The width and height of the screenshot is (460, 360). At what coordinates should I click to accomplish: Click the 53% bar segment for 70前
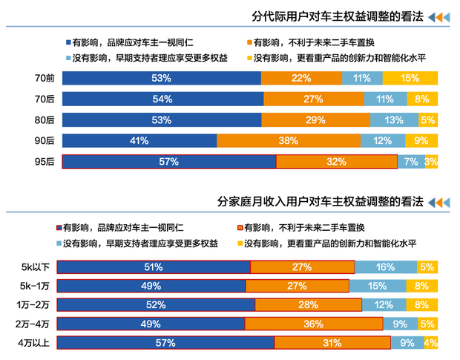pos(162,78)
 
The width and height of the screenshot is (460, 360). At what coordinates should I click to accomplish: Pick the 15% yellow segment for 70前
pos(410,78)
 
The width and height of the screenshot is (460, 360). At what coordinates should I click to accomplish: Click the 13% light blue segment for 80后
pos(394,120)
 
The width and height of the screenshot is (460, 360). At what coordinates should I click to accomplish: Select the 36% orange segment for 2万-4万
pos(313,323)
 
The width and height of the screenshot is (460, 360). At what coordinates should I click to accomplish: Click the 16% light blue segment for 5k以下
pos(385,267)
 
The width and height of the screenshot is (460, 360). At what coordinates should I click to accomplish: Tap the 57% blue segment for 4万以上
pos(166,342)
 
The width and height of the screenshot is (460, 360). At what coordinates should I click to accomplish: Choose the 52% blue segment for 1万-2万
pos(157,304)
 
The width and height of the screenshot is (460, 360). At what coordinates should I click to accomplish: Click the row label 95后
pos(44,161)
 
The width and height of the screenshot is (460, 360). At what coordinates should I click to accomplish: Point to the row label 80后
pos(44,120)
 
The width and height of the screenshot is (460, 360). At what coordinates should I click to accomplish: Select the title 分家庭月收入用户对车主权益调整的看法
pos(319,201)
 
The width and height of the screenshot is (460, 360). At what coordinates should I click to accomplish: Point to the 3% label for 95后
pos(431,161)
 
